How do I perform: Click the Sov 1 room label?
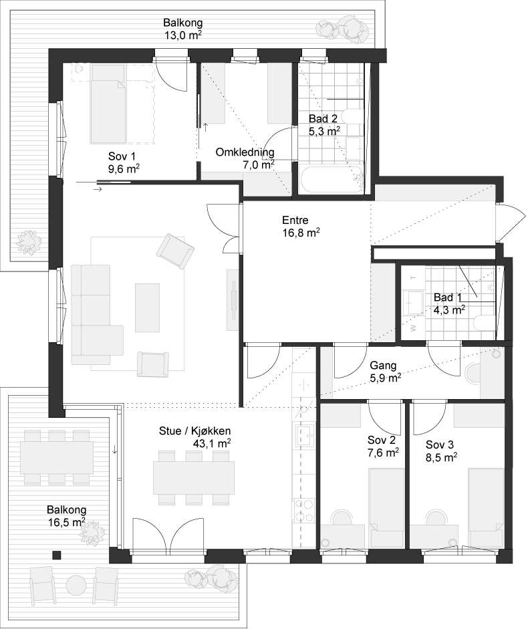tap(124, 162)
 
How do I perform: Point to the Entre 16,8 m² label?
tap(301, 226)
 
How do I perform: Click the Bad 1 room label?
tap(449, 303)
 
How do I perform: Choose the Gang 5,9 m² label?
tap(385, 372)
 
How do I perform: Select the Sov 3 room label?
tap(442, 451)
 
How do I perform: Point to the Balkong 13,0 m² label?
tap(182, 29)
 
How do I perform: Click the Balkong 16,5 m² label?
tap(66, 515)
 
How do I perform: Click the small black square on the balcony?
tap(57, 555)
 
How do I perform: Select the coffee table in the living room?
tap(147, 307)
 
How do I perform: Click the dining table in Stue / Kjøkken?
tap(194, 477)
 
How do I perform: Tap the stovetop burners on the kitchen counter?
tap(303, 510)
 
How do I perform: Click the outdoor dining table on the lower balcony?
tap(57, 457)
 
